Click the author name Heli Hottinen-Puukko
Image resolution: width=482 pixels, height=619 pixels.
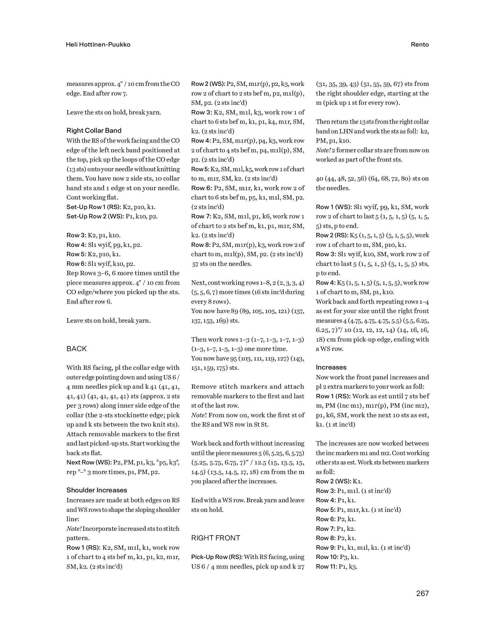[x=98, y=45]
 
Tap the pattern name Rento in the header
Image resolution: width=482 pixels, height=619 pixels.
[x=420, y=45]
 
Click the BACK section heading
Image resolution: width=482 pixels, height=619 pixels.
[x=77, y=349]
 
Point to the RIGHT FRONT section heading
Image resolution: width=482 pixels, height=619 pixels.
[x=216, y=538]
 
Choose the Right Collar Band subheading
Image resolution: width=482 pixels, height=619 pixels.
[x=94, y=130]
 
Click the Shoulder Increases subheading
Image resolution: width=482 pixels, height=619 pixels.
[x=97, y=490]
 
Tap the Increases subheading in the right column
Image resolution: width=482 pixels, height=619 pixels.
[x=331, y=367]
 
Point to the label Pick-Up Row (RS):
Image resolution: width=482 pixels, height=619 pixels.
[x=217, y=557]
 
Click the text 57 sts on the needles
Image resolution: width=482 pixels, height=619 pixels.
[x=222, y=264]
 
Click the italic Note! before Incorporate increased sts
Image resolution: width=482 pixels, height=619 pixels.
[x=74, y=528]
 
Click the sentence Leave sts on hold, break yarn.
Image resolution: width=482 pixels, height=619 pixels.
[x=108, y=321]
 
